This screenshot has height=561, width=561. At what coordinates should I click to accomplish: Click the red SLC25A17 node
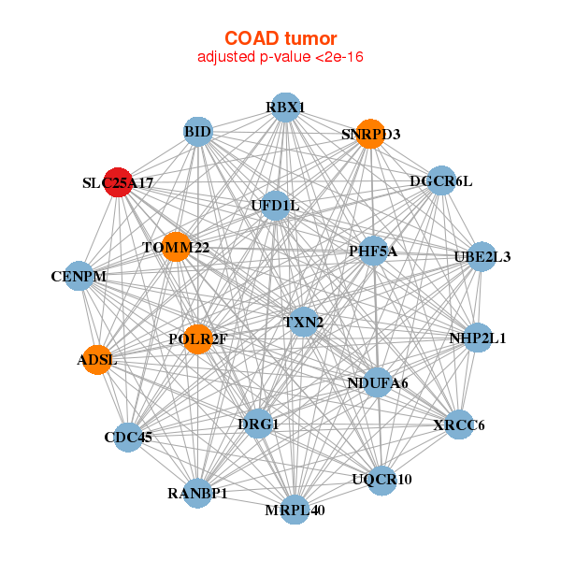coord(118,183)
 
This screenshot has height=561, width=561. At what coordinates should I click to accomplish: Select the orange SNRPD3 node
coord(371,134)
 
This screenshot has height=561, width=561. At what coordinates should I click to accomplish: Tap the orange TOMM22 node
coord(175,248)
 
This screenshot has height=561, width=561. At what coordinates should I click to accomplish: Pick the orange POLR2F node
coord(197,338)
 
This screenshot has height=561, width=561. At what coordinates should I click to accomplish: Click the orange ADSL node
coord(97,359)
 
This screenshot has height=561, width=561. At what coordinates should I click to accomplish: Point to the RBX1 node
coord(286,108)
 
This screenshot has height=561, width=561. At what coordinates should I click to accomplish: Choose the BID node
coord(198,132)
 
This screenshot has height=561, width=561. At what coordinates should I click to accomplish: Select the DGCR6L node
coord(440,180)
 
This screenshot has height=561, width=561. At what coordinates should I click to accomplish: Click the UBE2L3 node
coord(481,256)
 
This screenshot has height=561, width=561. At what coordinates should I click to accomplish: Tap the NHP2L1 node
coord(477,338)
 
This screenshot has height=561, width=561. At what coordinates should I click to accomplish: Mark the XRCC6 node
coord(459,425)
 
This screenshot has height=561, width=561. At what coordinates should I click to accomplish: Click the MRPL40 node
coord(295,510)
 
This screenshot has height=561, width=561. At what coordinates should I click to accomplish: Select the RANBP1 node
coord(197,493)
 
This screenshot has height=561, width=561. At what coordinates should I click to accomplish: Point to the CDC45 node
coord(128,437)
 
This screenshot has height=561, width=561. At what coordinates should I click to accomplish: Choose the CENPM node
coord(79,277)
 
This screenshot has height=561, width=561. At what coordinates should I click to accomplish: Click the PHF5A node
coord(373,251)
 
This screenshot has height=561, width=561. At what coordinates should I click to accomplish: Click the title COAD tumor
coord(280,38)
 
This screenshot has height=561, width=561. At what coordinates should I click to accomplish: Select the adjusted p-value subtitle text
coord(280,57)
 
